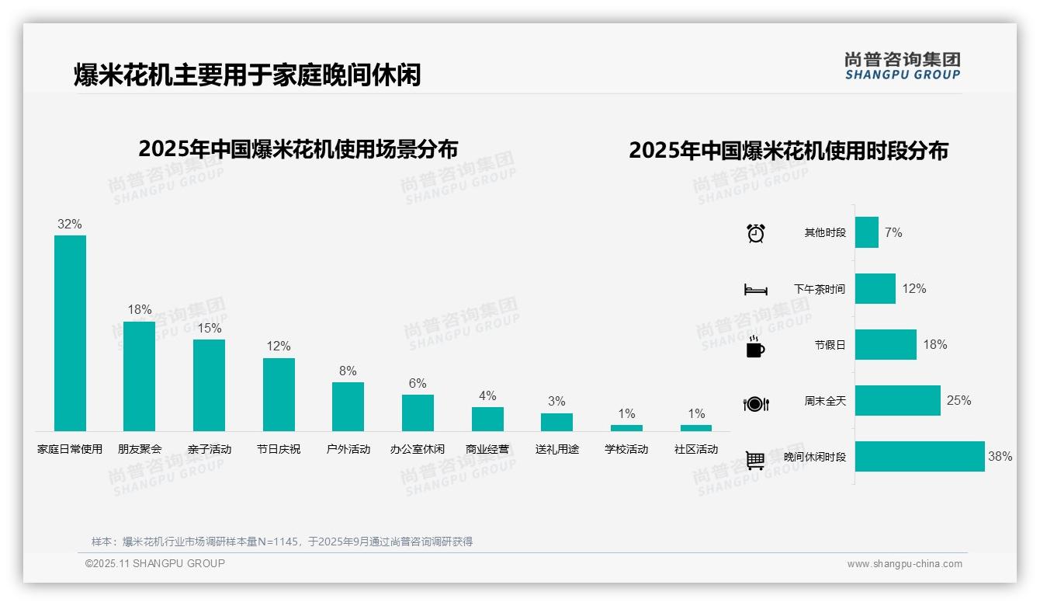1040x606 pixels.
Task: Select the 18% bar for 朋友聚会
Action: (x=140, y=376)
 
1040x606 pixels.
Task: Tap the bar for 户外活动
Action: (x=348, y=406)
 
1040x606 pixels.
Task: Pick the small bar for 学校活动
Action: (x=626, y=427)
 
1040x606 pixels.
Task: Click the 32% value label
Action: (x=70, y=224)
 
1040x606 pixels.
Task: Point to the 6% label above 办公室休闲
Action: (x=418, y=383)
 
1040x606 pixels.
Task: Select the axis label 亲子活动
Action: (x=210, y=449)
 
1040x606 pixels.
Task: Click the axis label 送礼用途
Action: (x=556, y=449)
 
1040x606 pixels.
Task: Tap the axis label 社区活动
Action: (x=696, y=449)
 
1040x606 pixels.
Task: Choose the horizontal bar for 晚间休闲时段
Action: (x=920, y=457)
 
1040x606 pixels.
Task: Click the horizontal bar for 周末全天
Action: (x=897, y=401)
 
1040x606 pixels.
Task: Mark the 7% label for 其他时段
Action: (x=893, y=232)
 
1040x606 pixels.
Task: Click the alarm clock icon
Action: (x=755, y=233)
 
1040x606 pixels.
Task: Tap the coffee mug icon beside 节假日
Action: (x=755, y=346)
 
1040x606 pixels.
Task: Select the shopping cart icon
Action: (x=755, y=460)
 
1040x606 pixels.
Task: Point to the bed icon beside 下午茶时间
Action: (x=755, y=290)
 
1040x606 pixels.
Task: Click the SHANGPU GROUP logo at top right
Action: (x=902, y=66)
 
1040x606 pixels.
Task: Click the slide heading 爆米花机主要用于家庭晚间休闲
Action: (x=247, y=75)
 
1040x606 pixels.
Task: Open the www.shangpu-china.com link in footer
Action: (x=904, y=564)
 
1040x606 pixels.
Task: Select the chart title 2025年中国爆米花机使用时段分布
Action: (x=789, y=151)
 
